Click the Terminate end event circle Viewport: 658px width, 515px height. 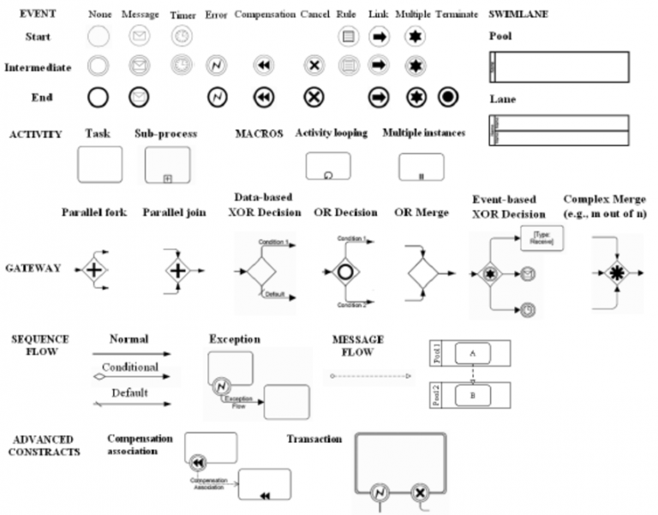pyautogui.click(x=447, y=98)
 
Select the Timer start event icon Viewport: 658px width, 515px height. pyautogui.click(x=181, y=37)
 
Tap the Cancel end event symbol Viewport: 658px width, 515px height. pyautogui.click(x=314, y=98)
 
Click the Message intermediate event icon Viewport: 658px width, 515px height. pyautogui.click(x=139, y=65)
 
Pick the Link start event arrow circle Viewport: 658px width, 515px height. pyautogui.click(x=379, y=37)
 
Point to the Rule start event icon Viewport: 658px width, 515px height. pyautogui.click(x=348, y=37)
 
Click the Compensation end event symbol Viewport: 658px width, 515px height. pyautogui.click(x=264, y=98)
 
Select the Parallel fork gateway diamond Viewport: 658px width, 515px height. pyautogui.click(x=95, y=271)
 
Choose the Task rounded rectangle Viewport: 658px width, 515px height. pyautogui.click(x=99, y=164)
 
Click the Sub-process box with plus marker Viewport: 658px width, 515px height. pyautogui.click(x=166, y=164)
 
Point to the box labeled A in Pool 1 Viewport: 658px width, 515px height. pyautogui.click(x=473, y=351)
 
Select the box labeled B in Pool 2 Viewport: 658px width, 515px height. pyautogui.click(x=473, y=395)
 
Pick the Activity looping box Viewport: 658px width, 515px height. pyautogui.click(x=328, y=165)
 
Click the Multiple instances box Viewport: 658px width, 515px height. pyautogui.click(x=421, y=166)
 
